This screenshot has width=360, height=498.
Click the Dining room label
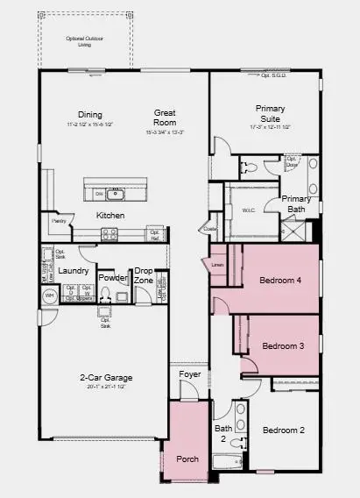tap(89, 114)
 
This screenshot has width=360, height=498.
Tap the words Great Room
tap(166, 117)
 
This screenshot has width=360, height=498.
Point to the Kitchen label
tap(110, 216)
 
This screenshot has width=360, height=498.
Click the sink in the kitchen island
tap(116, 193)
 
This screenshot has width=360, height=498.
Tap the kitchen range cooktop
tap(109, 234)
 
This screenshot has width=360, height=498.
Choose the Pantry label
tap(60, 222)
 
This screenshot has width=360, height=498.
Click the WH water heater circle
tap(49, 295)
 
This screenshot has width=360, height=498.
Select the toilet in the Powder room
tap(105, 295)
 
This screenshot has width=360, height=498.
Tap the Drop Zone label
tap(145, 275)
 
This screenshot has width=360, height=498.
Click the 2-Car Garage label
tap(102, 378)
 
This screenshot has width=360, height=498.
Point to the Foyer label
tap(190, 374)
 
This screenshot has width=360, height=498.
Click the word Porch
tap(187, 459)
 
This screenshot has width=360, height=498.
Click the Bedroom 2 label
tap(284, 430)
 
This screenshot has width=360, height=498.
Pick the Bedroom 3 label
tap(283, 346)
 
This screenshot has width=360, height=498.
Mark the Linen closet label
tap(217, 265)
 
